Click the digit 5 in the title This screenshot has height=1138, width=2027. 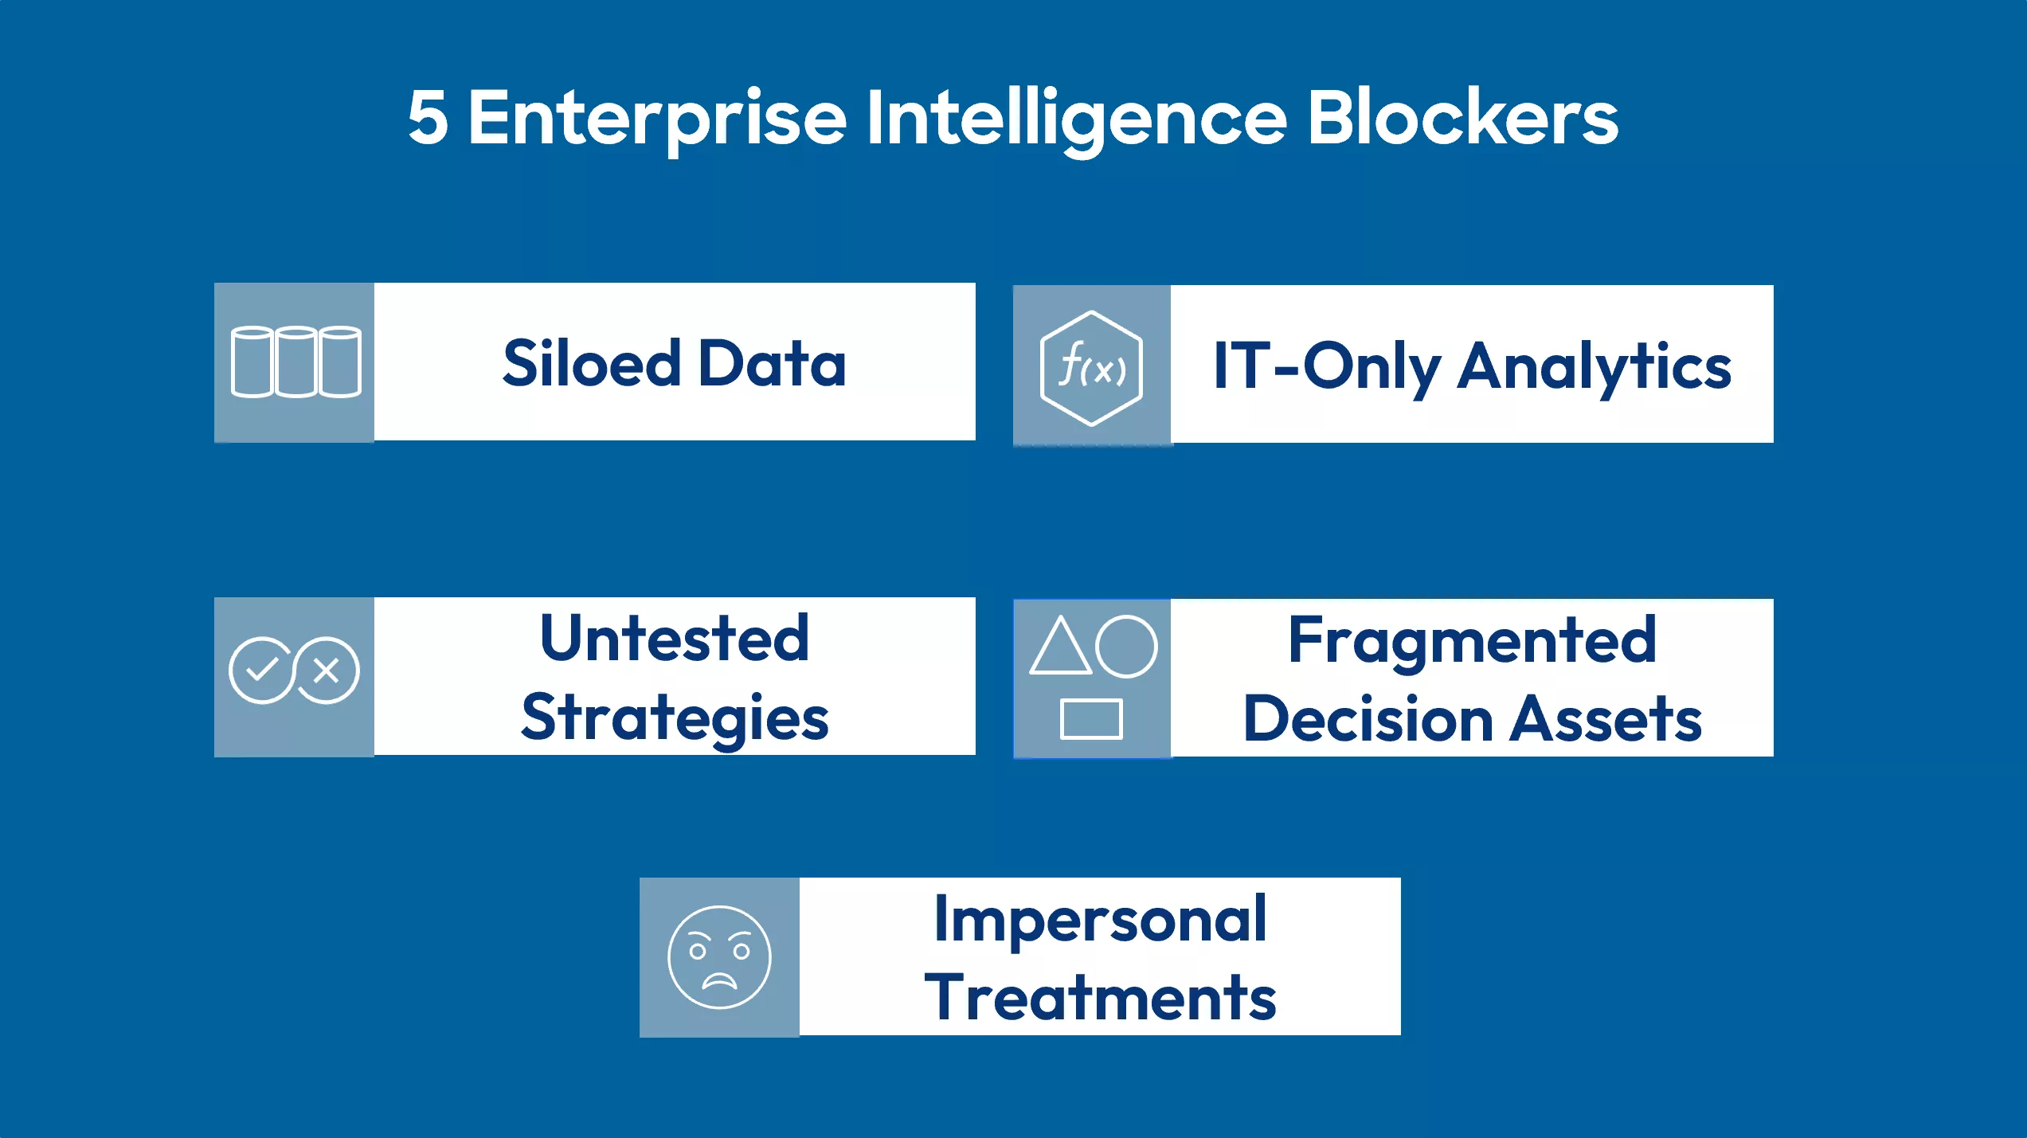tap(428, 119)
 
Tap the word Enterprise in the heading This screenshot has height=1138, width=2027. tap(657, 119)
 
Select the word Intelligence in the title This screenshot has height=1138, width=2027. tap(1075, 119)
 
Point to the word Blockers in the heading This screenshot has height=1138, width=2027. tap(1462, 119)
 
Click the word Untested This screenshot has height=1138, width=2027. tap(675, 639)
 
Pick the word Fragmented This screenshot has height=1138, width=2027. tap(1472, 640)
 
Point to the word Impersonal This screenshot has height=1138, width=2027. tap(1100, 919)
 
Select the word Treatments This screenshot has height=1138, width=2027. tap(1100, 998)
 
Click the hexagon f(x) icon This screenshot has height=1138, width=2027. tap(1091, 368)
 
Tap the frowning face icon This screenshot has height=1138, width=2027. tap(719, 956)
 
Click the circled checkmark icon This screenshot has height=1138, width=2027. tap(260, 670)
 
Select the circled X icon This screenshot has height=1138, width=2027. tap(327, 671)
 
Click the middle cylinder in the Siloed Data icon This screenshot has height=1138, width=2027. tap(296, 362)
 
